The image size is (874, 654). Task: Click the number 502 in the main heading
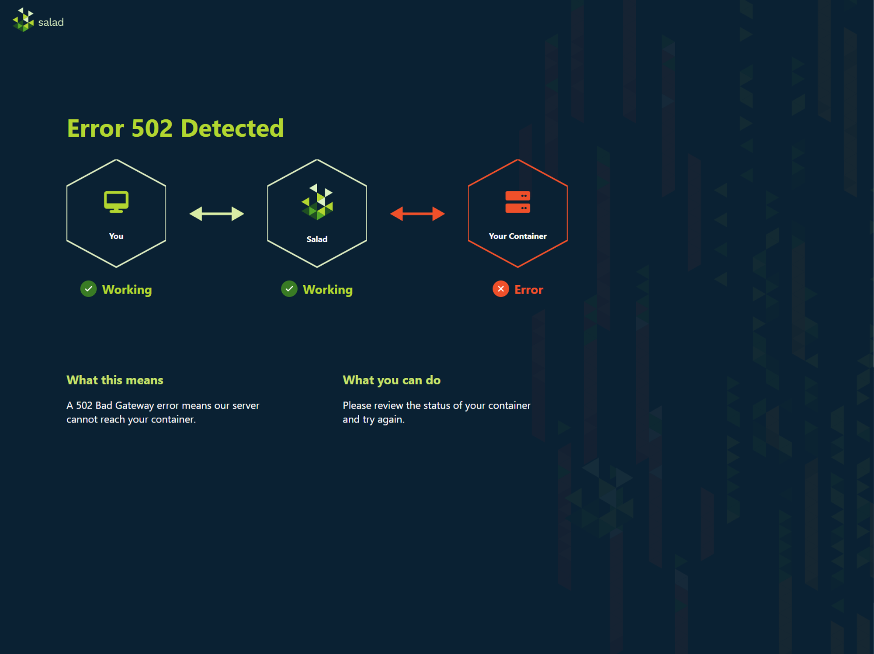[152, 128]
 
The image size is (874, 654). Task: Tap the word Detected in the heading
[232, 128]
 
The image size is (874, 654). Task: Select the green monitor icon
[116, 202]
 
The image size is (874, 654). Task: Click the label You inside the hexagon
[116, 236]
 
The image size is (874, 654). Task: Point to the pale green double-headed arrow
[217, 214]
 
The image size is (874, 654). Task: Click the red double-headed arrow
[417, 214]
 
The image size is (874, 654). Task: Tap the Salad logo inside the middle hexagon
[317, 202]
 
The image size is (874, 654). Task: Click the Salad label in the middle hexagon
[317, 239]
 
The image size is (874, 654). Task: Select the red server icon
[518, 202]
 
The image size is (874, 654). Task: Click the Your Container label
[518, 236]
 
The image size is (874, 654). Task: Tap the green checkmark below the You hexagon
[89, 289]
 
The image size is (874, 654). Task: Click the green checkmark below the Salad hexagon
[289, 289]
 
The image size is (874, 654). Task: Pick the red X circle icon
[501, 289]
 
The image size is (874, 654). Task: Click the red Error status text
[529, 290]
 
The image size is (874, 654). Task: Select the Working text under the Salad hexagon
[328, 290]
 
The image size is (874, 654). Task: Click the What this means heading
[115, 380]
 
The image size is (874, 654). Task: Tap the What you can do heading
[392, 381]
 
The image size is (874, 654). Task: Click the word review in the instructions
[388, 405]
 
